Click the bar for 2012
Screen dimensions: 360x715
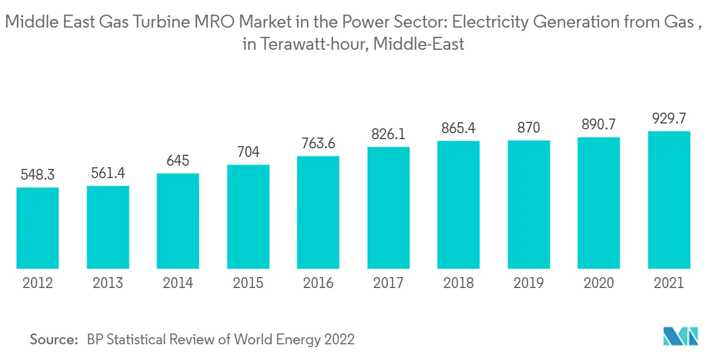click(37, 228)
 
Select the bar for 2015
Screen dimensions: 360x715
click(248, 217)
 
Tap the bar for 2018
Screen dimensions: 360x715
click(459, 205)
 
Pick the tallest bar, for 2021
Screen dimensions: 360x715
click(669, 200)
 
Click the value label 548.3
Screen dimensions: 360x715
click(37, 175)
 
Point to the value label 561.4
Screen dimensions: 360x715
click(108, 173)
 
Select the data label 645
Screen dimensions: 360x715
click(178, 161)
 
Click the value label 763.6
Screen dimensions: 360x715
click(318, 143)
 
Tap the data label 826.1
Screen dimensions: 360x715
click(388, 134)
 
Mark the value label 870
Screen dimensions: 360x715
click(529, 128)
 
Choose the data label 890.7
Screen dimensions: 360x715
click(599, 125)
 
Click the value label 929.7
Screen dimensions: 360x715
click(669, 119)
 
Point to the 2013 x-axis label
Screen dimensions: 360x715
click(108, 283)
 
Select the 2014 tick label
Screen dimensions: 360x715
click(178, 283)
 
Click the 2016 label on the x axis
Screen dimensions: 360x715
click(318, 283)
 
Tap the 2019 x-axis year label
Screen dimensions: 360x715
click(529, 283)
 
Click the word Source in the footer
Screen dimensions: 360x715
click(54, 339)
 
